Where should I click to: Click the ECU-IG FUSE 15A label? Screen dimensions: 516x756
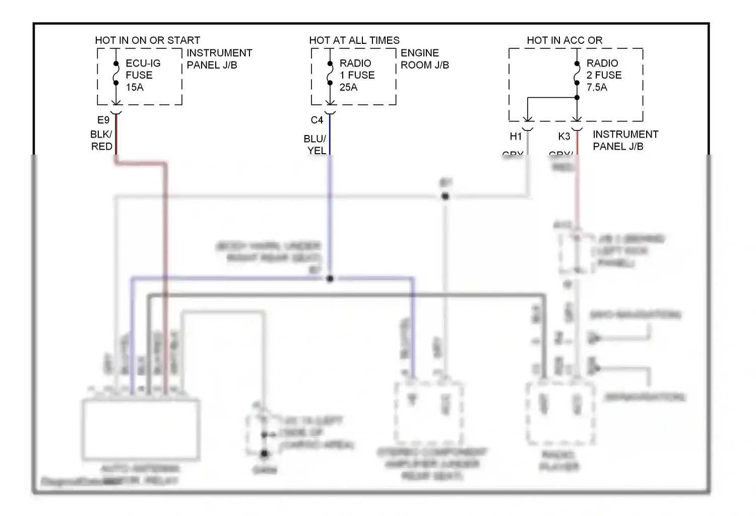coord(143,75)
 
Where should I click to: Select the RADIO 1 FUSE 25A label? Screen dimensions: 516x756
coord(357,75)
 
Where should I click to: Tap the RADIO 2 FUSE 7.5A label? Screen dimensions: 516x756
coord(604,75)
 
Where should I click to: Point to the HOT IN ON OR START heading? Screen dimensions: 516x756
coord(148,40)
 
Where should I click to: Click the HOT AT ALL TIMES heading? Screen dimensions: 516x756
coord(354,40)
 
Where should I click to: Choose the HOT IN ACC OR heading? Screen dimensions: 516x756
coord(564,40)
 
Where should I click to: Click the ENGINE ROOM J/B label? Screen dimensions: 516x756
coord(424,59)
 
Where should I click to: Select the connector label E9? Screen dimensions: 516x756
coord(103,120)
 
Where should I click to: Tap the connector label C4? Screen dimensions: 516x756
coord(317,120)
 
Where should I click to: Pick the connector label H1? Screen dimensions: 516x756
coord(516,136)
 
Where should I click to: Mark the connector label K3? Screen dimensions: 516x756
coord(564,136)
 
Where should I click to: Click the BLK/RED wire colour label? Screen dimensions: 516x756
coord(101,140)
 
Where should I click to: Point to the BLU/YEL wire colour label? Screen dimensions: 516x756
coord(315,145)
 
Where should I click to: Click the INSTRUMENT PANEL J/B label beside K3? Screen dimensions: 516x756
coord(625,140)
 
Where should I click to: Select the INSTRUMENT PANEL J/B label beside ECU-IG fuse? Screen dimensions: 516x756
coord(219,59)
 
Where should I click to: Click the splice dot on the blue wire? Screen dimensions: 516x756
coord(330,279)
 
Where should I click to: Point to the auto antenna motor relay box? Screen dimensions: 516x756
coord(141,428)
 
